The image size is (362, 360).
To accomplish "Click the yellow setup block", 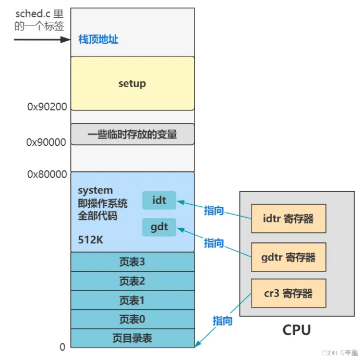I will click(132, 83).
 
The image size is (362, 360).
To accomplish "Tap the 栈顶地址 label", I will click(98, 39).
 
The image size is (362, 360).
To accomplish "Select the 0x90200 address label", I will click(47, 107).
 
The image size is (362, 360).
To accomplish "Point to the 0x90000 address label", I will click(47, 142).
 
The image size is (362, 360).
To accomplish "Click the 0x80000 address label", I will click(47, 174).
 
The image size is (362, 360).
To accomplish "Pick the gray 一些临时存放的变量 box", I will click(132, 134).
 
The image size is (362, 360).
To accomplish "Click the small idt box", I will click(159, 201).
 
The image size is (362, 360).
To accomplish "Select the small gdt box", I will click(159, 227).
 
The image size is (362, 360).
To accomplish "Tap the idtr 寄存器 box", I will click(288, 219).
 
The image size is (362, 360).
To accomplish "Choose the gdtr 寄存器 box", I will click(288, 257).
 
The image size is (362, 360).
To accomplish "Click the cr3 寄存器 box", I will click(288, 293).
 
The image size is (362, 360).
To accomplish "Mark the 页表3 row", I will click(132, 262).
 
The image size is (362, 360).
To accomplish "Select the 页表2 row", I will click(132, 281).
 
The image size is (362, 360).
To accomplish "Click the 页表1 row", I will click(132, 301).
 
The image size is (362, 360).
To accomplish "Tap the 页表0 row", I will click(132, 319).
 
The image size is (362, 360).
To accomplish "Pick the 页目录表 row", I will click(132, 338).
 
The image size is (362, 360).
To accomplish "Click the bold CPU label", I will click(296, 330).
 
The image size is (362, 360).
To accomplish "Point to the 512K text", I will click(90, 242).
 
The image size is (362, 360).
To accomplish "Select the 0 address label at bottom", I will click(62, 347).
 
